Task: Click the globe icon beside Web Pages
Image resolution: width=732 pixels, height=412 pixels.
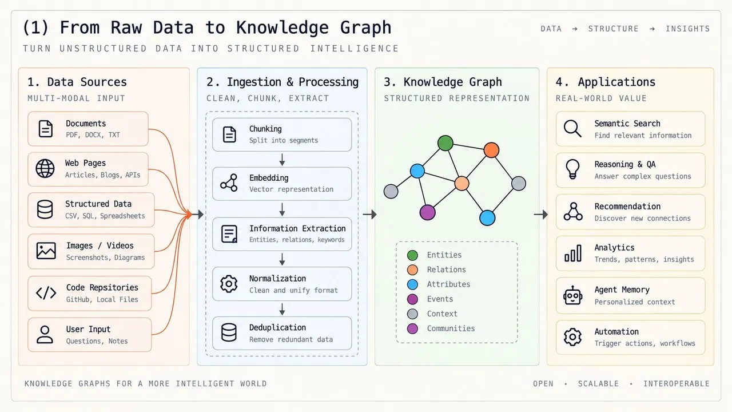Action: (x=45, y=169)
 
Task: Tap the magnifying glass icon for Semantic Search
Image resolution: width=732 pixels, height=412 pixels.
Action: (x=572, y=129)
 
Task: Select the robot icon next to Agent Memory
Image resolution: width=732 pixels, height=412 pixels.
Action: (x=572, y=296)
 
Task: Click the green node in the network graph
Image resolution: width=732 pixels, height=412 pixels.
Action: (x=445, y=143)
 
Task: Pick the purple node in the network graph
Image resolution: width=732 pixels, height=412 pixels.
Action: (x=427, y=212)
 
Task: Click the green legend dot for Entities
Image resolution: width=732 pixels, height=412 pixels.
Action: (x=412, y=255)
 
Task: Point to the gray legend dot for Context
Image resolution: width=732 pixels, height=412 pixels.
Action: (x=412, y=314)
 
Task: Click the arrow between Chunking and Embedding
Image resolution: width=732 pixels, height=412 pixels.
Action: (x=282, y=160)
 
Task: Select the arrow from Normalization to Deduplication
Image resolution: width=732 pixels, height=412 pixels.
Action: (x=282, y=309)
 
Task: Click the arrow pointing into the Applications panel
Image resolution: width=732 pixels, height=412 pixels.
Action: (x=541, y=215)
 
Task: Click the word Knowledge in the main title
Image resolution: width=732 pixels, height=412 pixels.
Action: (x=283, y=28)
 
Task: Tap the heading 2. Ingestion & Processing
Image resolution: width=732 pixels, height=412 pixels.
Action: (x=283, y=82)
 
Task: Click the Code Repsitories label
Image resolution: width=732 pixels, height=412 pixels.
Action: (x=102, y=288)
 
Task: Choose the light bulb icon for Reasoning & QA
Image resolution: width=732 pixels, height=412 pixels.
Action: (x=572, y=169)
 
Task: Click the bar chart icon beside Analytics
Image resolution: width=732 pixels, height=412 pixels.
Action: (x=573, y=253)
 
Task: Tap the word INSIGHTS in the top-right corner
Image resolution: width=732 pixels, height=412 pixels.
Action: (x=688, y=29)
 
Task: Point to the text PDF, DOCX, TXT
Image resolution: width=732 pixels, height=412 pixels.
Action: (x=93, y=135)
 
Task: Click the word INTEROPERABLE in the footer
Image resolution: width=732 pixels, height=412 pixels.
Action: (x=677, y=383)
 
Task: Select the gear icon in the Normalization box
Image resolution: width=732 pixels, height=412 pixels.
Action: (x=229, y=284)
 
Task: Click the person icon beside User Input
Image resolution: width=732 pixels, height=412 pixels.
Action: (x=45, y=335)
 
